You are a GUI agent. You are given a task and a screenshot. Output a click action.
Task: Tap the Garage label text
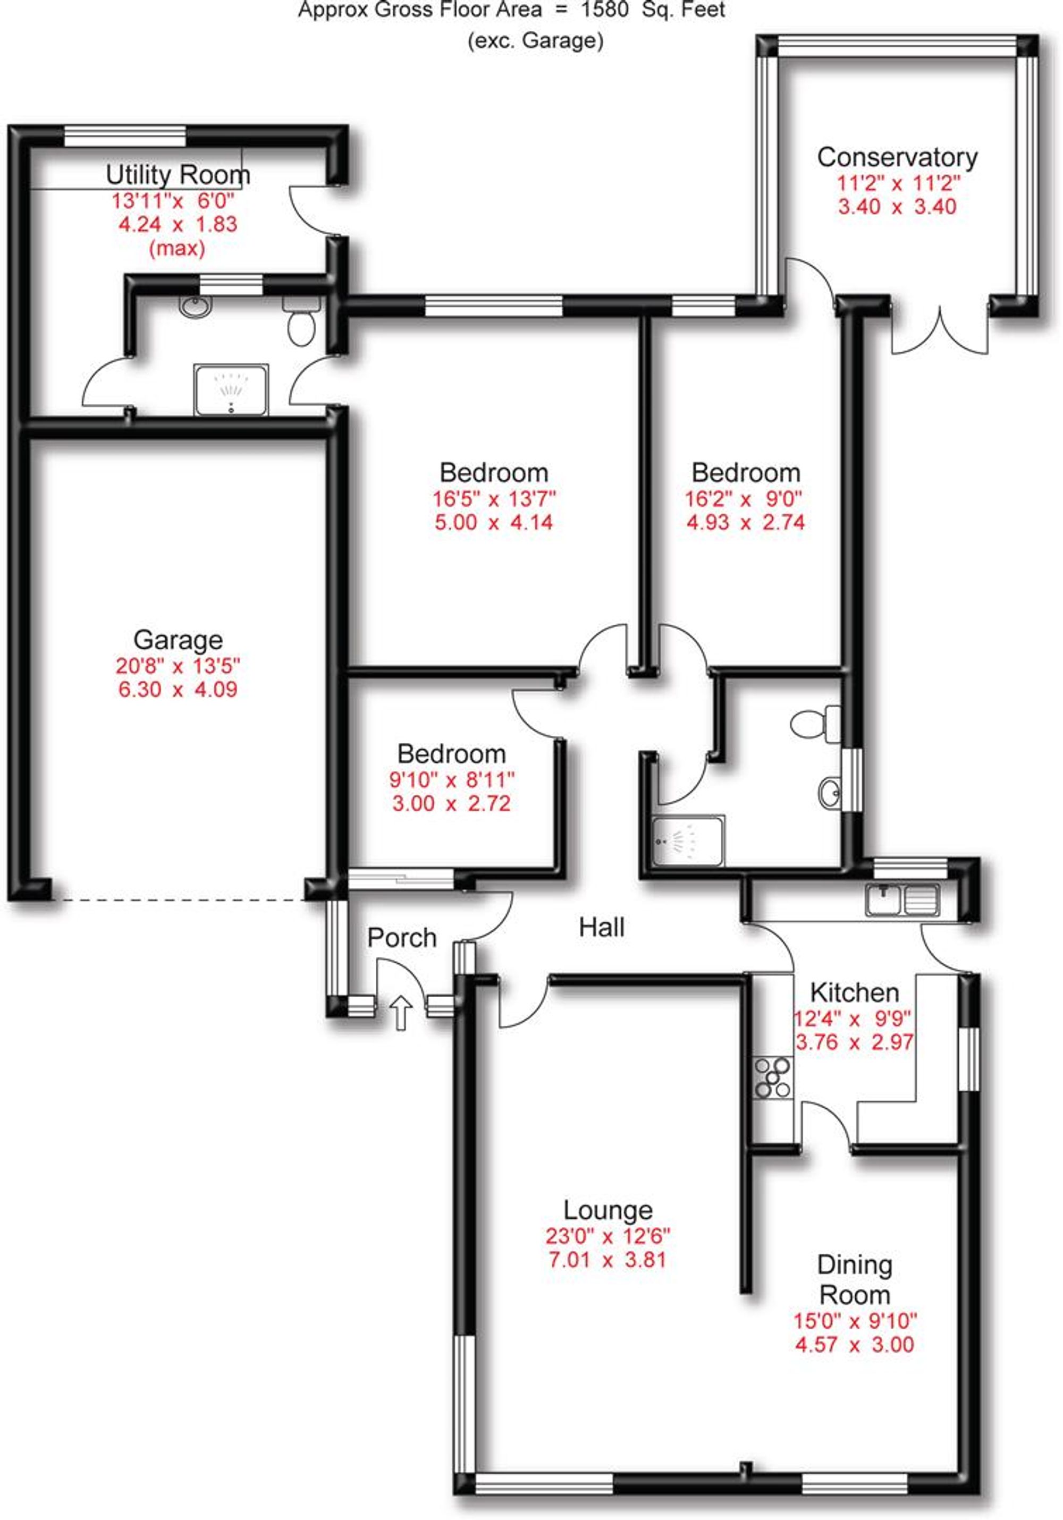click(x=178, y=640)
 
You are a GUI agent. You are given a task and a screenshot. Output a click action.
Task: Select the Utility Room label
click(x=178, y=175)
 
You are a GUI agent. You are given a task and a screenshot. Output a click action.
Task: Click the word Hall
click(x=601, y=927)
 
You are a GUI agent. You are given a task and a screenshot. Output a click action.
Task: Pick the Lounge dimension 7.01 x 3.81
click(x=606, y=1259)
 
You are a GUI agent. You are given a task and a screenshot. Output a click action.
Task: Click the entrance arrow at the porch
click(x=401, y=1013)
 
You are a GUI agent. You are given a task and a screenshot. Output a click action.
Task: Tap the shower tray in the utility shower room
click(x=231, y=389)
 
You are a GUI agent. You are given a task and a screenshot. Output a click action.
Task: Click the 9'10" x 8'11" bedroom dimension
click(x=452, y=779)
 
